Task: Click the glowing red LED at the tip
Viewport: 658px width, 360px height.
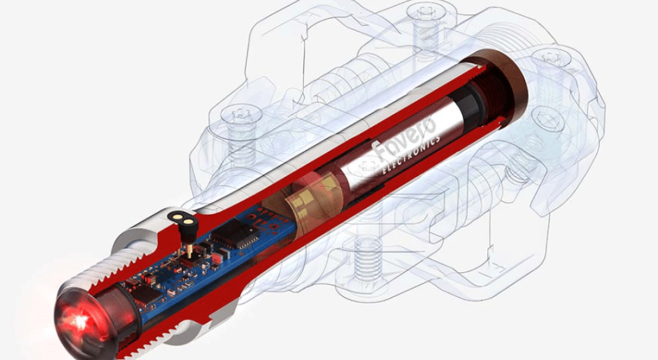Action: [x=80, y=321]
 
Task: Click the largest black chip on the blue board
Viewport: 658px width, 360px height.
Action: [x=234, y=233]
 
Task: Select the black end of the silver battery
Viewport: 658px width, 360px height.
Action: [x=470, y=107]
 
